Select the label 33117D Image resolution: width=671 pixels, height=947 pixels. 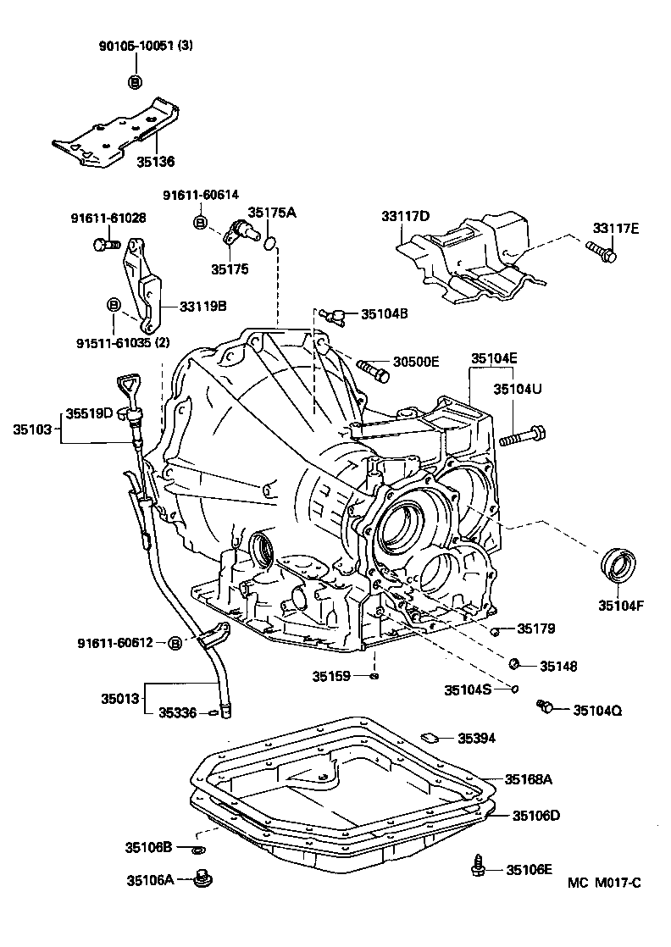(405, 217)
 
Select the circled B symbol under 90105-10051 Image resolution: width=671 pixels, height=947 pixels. (134, 81)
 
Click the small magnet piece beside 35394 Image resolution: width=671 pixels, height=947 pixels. (429, 737)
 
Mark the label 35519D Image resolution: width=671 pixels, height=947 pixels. (91, 413)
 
